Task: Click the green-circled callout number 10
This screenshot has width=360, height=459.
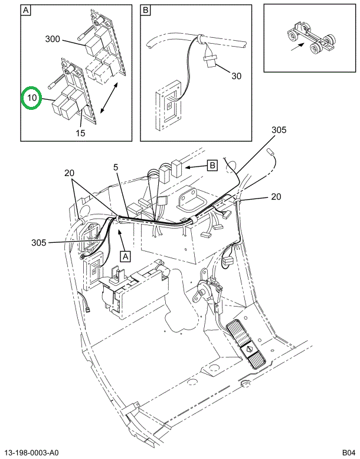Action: point(31,98)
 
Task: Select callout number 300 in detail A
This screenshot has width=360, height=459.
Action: point(52,39)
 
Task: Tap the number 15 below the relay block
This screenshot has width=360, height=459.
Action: point(80,133)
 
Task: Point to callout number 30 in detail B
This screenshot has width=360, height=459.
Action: point(237,76)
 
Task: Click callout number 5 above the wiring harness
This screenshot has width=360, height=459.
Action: point(116,167)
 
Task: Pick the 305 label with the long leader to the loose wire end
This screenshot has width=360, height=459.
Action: point(279,131)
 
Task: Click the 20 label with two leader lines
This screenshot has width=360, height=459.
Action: point(70,173)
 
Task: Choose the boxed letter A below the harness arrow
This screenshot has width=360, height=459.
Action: point(125,256)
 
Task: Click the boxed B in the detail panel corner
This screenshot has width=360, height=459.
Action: point(146,11)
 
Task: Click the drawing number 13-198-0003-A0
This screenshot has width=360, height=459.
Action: point(33,453)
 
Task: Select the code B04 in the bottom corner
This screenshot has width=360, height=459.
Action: point(348,453)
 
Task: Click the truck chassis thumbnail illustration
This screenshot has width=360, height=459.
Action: point(310,39)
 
